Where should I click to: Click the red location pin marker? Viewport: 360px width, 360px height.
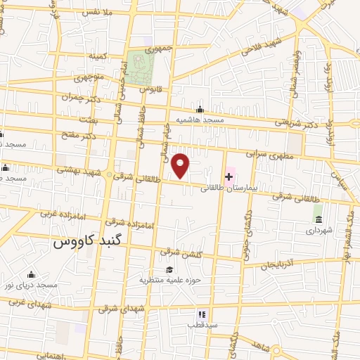point(181,165)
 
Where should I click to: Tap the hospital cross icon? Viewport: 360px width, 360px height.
point(229,176)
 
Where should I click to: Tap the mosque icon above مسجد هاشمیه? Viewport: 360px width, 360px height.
point(200,109)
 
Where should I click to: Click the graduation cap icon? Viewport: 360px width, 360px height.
point(169,269)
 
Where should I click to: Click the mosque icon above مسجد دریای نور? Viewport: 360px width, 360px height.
point(31,274)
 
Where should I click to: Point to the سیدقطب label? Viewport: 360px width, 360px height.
point(202,326)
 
